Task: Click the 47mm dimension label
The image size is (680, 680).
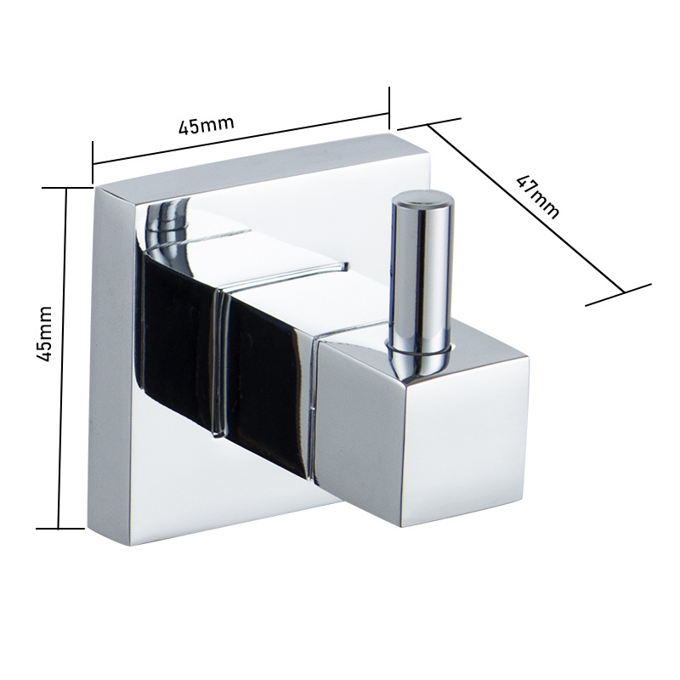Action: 538,197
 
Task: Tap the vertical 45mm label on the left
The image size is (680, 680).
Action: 44,334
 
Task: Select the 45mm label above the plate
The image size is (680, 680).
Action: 206,125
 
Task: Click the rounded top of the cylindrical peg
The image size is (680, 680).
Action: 422,201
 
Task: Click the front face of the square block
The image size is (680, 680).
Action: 467,441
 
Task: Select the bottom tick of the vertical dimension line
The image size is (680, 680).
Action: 59,529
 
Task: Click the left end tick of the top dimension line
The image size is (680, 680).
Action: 93,163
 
